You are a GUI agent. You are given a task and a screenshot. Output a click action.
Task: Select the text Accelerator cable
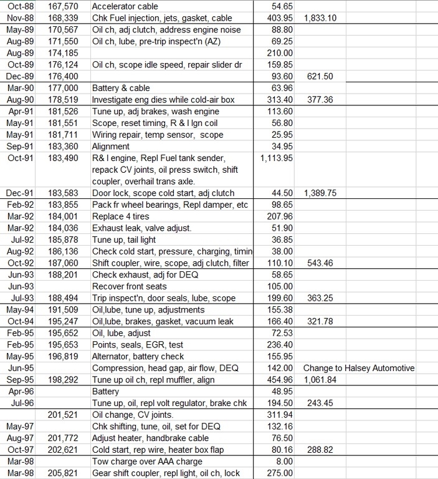click(121, 6)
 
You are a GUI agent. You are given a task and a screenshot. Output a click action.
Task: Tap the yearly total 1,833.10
click(320, 18)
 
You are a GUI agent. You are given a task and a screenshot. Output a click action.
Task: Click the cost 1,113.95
click(276, 158)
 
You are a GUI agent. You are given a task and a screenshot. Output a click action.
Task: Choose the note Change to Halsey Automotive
click(359, 368)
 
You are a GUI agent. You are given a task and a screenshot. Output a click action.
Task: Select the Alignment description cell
click(111, 147)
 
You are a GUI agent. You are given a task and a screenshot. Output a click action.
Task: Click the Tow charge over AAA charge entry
click(148, 462)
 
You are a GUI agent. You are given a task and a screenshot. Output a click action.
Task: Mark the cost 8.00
click(284, 462)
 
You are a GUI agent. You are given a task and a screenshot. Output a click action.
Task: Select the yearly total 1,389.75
click(320, 193)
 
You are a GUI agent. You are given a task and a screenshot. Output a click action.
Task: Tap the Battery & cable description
click(121, 88)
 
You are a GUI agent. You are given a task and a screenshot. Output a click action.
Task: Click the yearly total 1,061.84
click(320, 380)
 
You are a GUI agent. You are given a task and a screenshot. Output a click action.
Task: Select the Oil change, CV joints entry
click(133, 415)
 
